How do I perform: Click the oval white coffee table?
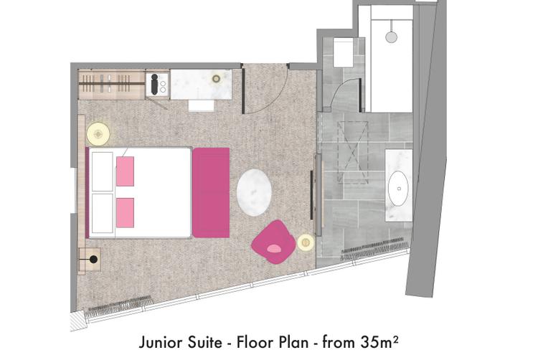[x=254, y=192]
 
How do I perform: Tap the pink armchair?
[x=273, y=242]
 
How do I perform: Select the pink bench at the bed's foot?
[x=211, y=192]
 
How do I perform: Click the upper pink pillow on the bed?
[x=125, y=171]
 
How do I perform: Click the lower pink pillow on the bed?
[x=125, y=212]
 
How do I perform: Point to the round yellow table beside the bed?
[x=98, y=133]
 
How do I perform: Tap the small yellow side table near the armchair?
[x=306, y=242]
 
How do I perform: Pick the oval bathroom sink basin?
[x=398, y=189]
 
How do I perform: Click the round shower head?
[x=391, y=37]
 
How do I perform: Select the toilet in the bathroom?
[x=343, y=52]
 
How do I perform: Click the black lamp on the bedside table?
[x=93, y=260]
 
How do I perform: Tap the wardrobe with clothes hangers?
[x=111, y=85]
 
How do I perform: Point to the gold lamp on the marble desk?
[x=216, y=79]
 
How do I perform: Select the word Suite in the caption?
[x=205, y=343]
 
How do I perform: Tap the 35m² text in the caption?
[x=379, y=342]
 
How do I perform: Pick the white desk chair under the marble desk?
[x=202, y=105]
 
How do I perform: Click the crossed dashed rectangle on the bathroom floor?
[x=353, y=151]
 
